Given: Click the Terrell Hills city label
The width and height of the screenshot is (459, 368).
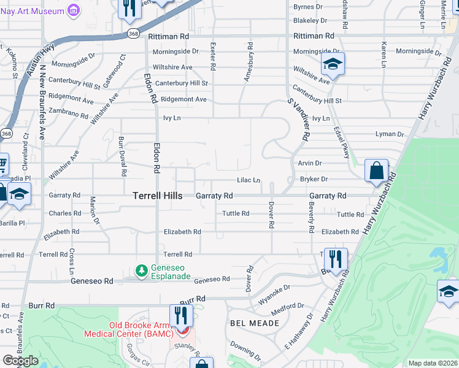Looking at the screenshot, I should pyautogui.click(x=157, y=196).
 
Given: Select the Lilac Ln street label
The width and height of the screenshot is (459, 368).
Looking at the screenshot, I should pyautogui.click(x=249, y=180).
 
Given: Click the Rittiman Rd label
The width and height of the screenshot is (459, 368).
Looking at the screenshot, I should pyautogui.click(x=312, y=37).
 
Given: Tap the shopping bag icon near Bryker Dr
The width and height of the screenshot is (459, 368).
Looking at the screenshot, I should pyautogui.click(x=376, y=171).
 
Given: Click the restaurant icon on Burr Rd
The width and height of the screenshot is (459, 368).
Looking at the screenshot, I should pyautogui.click(x=180, y=315).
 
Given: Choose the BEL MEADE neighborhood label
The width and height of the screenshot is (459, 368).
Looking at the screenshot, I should pyautogui.click(x=250, y=323).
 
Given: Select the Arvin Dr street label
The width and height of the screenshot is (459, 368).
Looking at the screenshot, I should pyautogui.click(x=309, y=163).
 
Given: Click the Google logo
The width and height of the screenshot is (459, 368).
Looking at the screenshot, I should pyautogui.click(x=20, y=361).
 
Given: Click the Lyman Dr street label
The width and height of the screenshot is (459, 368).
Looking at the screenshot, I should pyautogui.click(x=390, y=134).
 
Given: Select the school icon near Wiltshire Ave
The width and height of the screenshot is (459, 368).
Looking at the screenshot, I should pyautogui.click(x=332, y=64).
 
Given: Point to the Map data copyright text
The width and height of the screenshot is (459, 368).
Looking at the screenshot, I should pyautogui.click(x=431, y=363).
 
